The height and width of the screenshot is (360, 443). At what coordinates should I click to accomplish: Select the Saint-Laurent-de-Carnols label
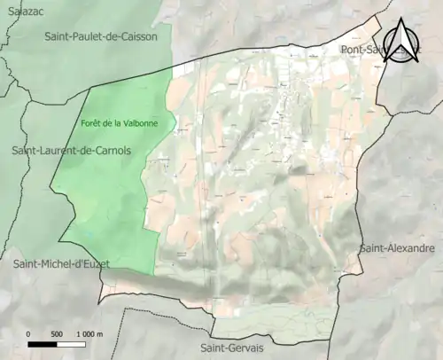[x=71, y=151]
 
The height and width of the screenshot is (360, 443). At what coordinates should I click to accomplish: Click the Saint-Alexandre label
[x=396, y=248]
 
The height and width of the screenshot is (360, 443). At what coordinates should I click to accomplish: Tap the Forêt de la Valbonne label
[x=120, y=123]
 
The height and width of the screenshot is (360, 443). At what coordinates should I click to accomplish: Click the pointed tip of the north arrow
[x=407, y=20]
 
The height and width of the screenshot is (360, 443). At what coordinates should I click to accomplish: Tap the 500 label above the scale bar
[x=57, y=333]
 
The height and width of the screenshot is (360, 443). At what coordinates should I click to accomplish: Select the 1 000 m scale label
[x=89, y=333]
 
